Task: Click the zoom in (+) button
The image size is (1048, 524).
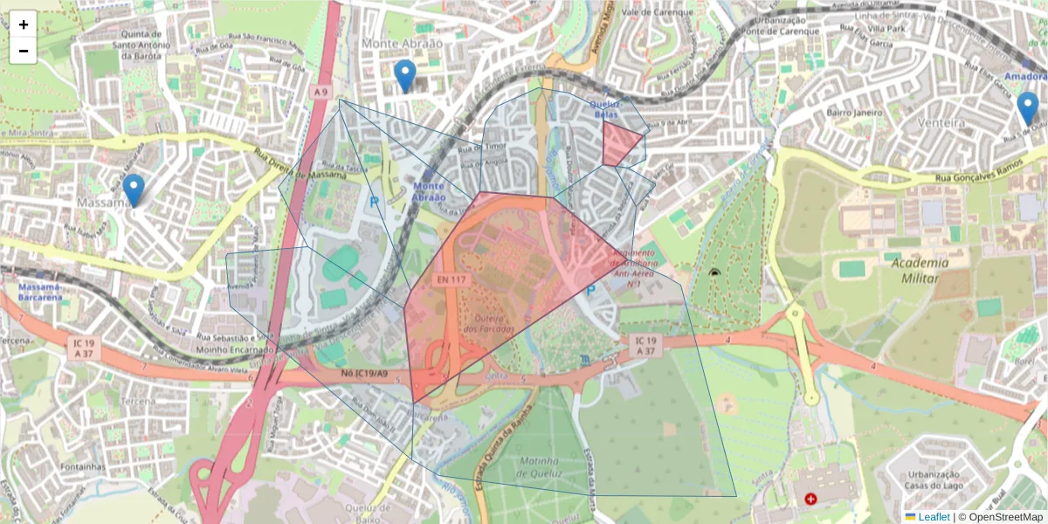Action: (24, 24)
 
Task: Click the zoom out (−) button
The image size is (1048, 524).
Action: (24, 51)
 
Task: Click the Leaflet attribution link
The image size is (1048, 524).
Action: (934, 517)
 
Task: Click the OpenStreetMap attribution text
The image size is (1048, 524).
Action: (1004, 517)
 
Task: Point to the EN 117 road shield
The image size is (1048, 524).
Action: (451, 279)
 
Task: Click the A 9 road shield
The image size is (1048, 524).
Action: (321, 92)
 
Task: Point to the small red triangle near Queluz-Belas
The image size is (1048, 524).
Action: (619, 142)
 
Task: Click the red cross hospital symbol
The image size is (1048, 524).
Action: (811, 499)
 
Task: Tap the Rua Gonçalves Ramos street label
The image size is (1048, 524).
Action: (978, 178)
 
